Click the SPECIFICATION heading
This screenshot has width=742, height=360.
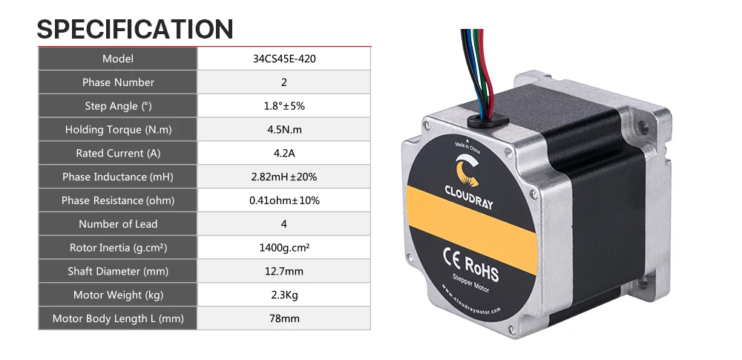coord(135,29)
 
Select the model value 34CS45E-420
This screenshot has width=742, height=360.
coord(283,59)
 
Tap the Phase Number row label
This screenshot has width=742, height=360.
coord(118,82)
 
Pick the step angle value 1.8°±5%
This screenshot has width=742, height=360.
coord(283,106)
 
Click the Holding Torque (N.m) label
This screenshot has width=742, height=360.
coord(118,130)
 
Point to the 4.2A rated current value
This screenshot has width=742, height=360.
coord(283,154)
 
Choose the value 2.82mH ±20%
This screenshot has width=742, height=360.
coord(283,177)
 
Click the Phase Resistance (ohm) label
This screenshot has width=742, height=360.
coord(118,200)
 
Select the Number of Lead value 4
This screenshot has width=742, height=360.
coord(283,224)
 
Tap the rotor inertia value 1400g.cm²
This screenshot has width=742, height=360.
coord(283,248)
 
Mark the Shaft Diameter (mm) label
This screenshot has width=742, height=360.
coord(118,272)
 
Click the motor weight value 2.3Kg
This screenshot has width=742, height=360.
coord(283,295)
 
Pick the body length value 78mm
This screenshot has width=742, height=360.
coord(283,319)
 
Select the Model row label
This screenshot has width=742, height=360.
coord(118,59)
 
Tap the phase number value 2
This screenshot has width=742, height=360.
coord(283,82)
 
